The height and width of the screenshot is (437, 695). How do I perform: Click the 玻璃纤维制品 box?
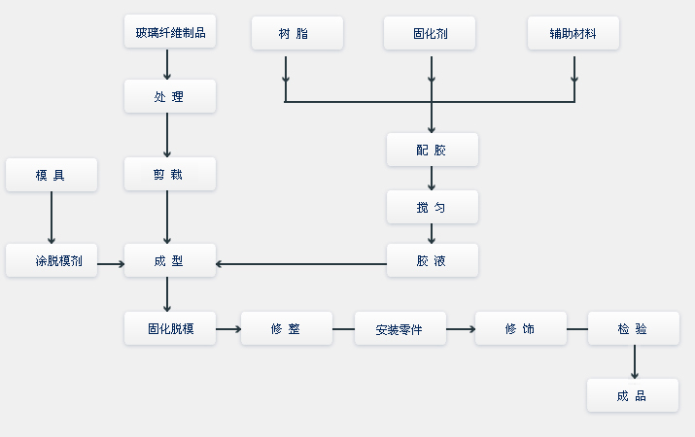170,33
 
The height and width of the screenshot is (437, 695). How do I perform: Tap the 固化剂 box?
431,33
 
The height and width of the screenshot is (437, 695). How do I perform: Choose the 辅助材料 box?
573,33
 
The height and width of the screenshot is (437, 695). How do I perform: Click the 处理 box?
170,96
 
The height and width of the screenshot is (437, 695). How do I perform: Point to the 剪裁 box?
170,174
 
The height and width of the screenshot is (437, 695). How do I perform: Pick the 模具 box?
52,175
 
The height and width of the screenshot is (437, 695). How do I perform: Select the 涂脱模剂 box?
52,260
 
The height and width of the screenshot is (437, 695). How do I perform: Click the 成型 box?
170,260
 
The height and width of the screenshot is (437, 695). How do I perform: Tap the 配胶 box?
432,150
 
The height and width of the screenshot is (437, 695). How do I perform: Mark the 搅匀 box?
432,207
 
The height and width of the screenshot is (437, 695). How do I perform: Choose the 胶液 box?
432,260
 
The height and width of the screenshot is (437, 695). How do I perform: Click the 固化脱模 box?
170,328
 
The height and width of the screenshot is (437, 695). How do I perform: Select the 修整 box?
287,328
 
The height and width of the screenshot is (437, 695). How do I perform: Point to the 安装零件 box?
400,328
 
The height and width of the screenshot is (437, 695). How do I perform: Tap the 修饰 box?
520,328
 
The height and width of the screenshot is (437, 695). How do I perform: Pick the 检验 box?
633,328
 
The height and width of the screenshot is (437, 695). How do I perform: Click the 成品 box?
633,395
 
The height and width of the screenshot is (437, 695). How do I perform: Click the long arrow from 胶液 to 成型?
301,262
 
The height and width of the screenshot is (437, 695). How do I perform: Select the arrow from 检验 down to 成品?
634,361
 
